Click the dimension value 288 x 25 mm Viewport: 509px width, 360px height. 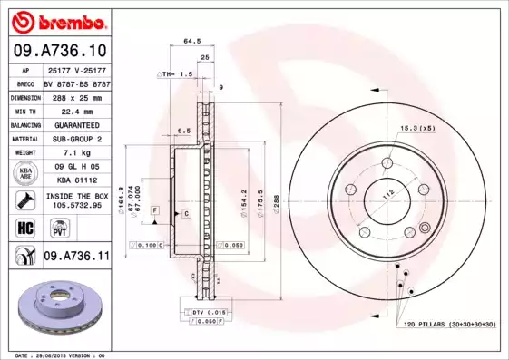73,95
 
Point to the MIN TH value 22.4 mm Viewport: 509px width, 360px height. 73,110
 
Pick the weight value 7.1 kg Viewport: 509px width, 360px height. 73,153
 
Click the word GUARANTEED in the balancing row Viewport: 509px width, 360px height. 73,124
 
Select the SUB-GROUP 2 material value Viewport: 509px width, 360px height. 73,139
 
